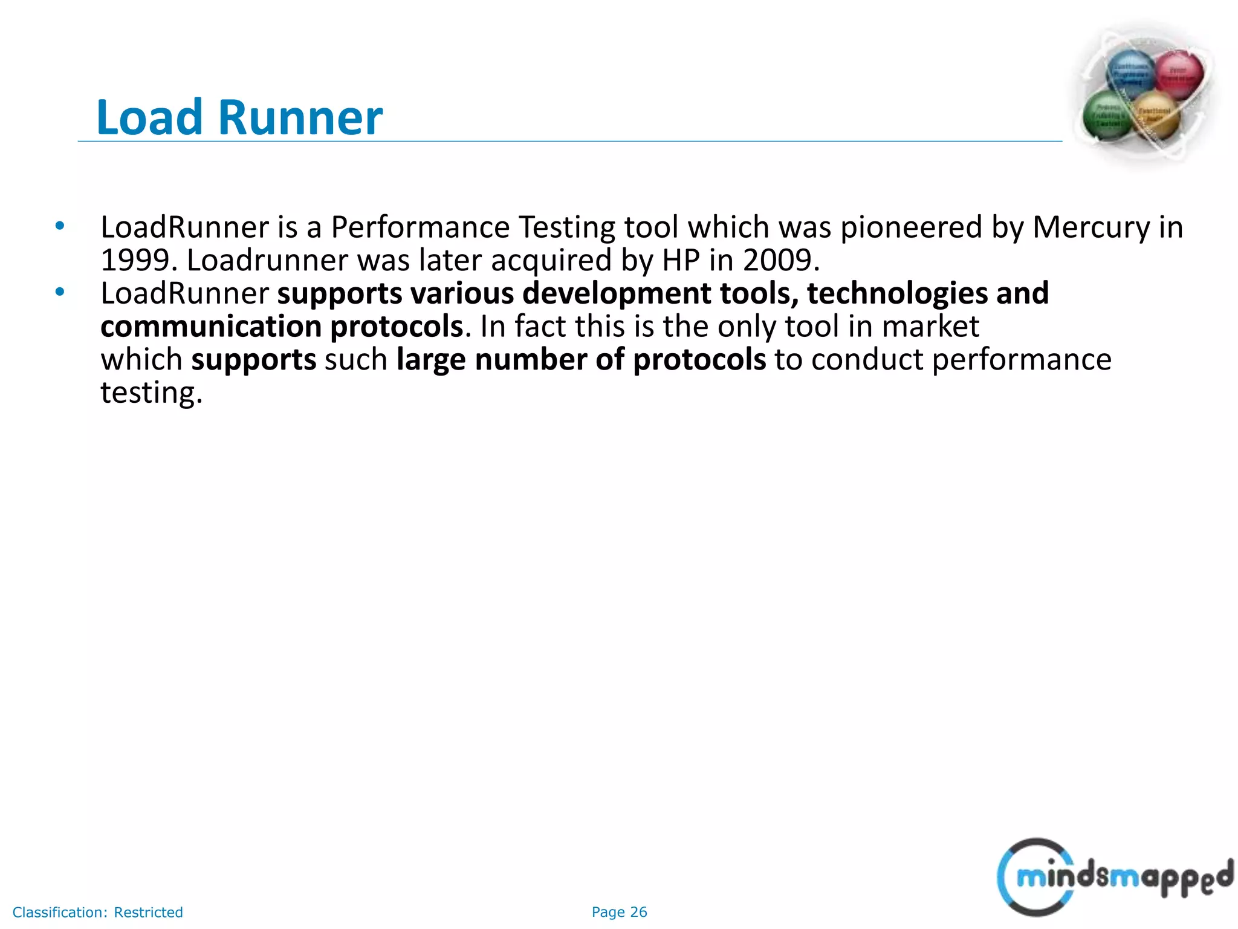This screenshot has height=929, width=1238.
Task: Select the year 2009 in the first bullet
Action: [x=780, y=261]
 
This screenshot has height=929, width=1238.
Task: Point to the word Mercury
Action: [x=1091, y=228]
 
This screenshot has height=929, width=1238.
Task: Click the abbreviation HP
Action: [x=681, y=261]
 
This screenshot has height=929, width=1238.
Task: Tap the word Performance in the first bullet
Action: [x=420, y=228]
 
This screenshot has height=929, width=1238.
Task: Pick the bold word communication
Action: [x=211, y=327]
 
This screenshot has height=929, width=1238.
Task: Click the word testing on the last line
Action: [x=151, y=393]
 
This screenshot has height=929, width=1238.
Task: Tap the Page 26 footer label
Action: [x=619, y=912]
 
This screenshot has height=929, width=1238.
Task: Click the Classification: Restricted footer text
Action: [x=97, y=912]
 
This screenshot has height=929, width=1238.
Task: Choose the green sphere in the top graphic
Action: [x=1106, y=115]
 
